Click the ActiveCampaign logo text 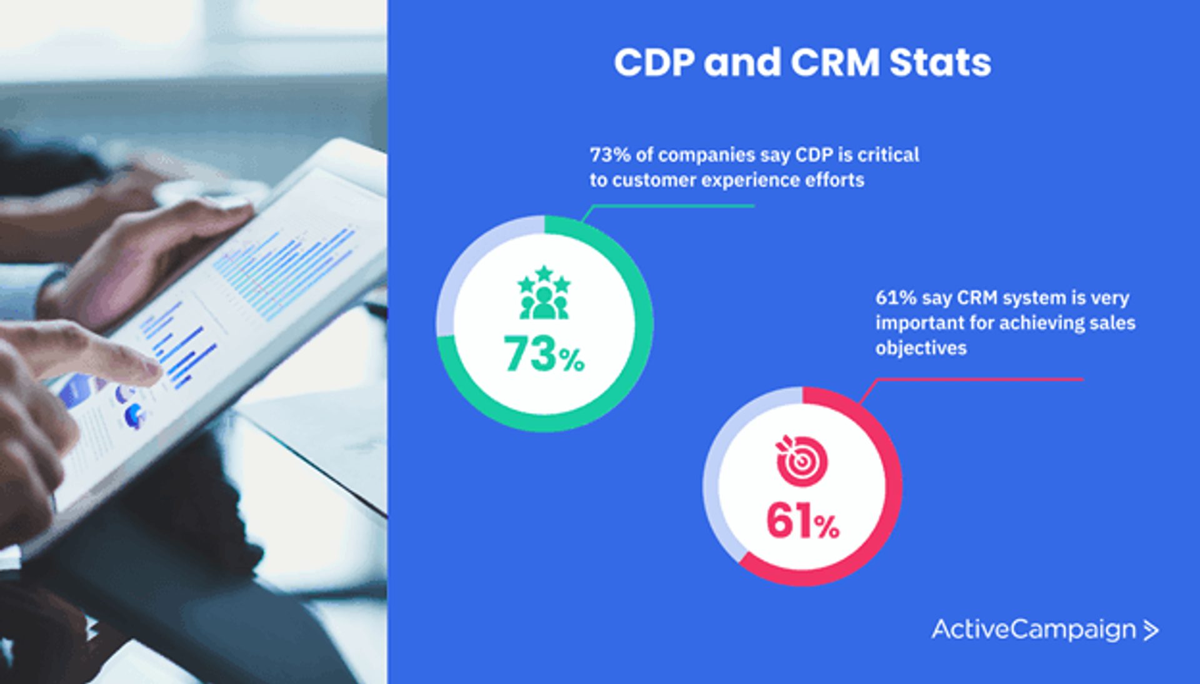coord(1033,630)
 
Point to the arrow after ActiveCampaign coord(1151,630)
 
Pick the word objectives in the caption coord(921,348)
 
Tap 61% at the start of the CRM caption coord(895,298)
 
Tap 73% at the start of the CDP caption coord(609,155)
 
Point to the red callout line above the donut coord(975,379)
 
